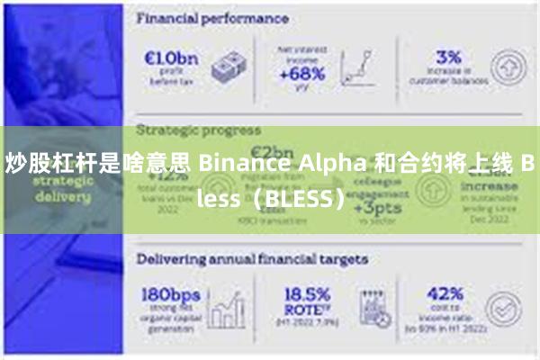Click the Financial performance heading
[x=212, y=17]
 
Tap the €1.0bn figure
[x=172, y=58]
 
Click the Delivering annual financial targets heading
[x=251, y=259]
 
